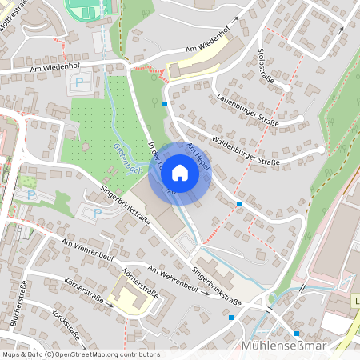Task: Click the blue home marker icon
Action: pos(180,173)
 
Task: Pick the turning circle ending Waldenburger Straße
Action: pos(320,150)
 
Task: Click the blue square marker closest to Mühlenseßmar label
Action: pos(296,333)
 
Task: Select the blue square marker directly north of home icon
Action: pos(165,104)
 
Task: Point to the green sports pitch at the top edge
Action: pos(90,10)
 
